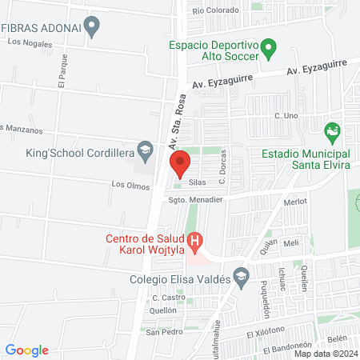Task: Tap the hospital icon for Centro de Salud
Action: pos(194,239)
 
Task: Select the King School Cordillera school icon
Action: pos(145,150)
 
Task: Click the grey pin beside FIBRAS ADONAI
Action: pos(93,27)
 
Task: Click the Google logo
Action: pos(27,350)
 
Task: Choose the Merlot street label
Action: pos(295,202)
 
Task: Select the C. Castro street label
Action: pos(164,298)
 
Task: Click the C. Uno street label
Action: pos(286,117)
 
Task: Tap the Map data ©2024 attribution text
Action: pos(326,353)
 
